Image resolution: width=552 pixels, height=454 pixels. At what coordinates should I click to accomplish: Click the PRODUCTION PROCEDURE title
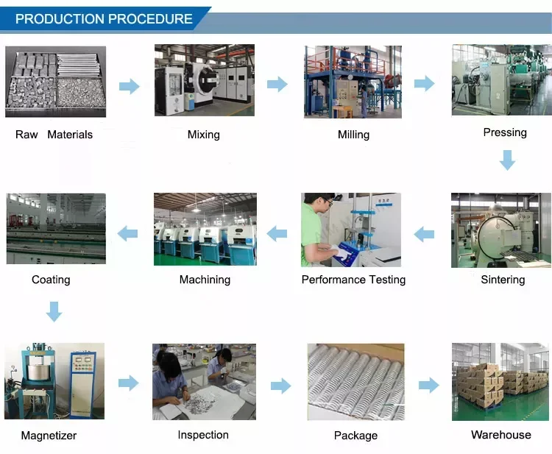(104, 19)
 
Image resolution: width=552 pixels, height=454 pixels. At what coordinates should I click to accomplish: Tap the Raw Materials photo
(56, 81)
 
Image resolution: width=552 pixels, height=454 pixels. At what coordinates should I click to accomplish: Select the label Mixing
(204, 135)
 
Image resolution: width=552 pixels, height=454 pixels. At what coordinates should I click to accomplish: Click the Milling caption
(353, 135)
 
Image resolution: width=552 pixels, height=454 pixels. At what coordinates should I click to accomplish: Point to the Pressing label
(505, 132)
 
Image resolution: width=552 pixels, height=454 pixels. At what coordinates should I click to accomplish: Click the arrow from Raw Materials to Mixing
(130, 86)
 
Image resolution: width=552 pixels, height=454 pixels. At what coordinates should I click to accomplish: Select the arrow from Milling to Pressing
(425, 84)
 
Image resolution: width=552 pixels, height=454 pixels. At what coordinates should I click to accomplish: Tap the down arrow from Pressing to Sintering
(507, 160)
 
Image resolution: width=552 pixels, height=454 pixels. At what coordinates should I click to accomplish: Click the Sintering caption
(503, 280)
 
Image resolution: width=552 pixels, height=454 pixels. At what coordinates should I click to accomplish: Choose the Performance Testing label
(353, 280)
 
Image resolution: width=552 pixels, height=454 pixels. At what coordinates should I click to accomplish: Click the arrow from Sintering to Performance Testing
(424, 235)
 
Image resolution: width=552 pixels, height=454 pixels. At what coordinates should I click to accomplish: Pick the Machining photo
(205, 229)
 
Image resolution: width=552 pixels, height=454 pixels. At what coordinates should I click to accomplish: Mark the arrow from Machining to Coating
(128, 234)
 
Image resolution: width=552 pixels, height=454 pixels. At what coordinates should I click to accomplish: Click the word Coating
(51, 280)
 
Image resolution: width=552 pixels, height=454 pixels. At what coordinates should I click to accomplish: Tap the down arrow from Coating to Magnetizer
(54, 311)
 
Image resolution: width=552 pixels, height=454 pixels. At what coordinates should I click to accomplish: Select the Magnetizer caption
(49, 436)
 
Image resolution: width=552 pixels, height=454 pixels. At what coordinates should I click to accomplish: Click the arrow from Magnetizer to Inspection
(129, 383)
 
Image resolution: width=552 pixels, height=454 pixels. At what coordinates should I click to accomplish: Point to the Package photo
(355, 382)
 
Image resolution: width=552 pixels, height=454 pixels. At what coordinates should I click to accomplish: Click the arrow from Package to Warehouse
(428, 385)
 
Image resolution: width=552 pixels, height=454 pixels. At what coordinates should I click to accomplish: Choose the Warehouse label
(501, 435)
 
